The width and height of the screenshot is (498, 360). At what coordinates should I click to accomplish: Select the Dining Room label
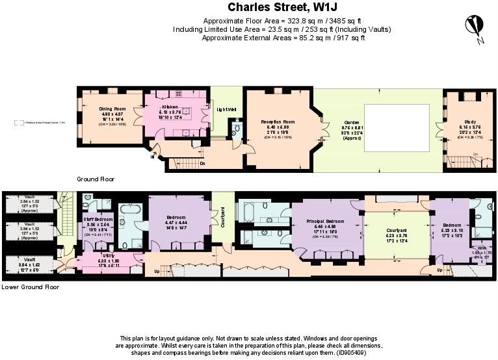pyautogui.click(x=112, y=109)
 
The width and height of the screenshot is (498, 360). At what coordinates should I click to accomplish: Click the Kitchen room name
pyautogui.click(x=170, y=106)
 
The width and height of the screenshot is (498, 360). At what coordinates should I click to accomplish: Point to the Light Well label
pyautogui.click(x=227, y=109)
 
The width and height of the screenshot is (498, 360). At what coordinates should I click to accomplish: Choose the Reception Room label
pyautogui.click(x=279, y=122)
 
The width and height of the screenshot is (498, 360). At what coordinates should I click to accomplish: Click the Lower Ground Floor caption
pyautogui.click(x=31, y=287)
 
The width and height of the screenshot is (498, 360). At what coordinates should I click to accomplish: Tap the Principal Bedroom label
pyautogui.click(x=324, y=222)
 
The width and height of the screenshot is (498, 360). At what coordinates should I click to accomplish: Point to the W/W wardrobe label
pyautogui.click(x=482, y=248)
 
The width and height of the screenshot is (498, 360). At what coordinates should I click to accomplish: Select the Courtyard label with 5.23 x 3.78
pyautogui.click(x=396, y=230)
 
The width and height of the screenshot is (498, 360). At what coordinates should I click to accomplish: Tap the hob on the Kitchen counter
pyautogui.click(x=187, y=110)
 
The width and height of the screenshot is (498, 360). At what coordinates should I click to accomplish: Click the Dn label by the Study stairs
pyautogui.click(x=475, y=154)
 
